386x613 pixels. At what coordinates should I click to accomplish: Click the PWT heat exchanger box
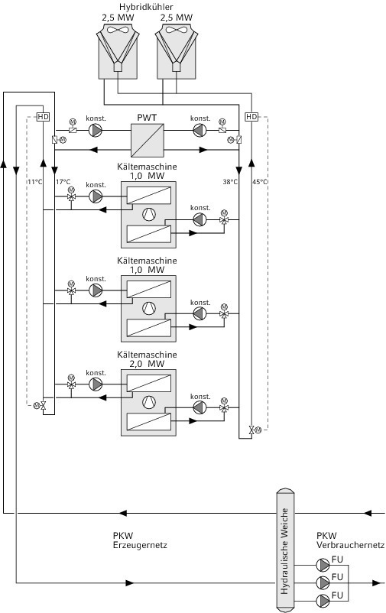click(x=147, y=141)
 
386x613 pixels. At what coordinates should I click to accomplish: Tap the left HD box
click(x=43, y=116)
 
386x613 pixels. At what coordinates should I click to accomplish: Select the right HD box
click(x=251, y=116)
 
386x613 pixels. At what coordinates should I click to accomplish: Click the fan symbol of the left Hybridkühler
click(x=118, y=30)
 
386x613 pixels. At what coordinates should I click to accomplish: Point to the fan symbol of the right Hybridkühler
click(x=177, y=30)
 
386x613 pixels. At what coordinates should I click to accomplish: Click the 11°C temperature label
click(x=35, y=182)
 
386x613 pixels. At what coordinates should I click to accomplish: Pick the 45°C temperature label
click(x=260, y=182)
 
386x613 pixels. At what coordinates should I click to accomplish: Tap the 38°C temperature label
click(x=230, y=182)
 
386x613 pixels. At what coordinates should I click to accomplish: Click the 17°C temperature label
click(x=63, y=182)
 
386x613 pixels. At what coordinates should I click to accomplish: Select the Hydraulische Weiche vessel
click(x=285, y=550)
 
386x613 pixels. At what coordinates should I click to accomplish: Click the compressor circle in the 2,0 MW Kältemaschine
click(x=148, y=402)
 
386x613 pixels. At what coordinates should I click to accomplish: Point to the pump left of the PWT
click(x=95, y=130)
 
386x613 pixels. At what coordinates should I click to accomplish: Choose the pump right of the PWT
click(x=199, y=130)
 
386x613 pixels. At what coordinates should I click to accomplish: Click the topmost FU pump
click(x=323, y=565)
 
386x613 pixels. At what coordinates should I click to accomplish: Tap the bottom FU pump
click(x=323, y=601)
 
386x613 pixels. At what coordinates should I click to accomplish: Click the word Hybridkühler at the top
click(x=146, y=7)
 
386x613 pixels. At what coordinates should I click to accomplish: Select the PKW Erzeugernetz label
click(x=140, y=540)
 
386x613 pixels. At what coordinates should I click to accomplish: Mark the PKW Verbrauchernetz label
click(x=350, y=540)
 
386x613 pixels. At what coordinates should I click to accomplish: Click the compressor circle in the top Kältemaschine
click(x=148, y=214)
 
